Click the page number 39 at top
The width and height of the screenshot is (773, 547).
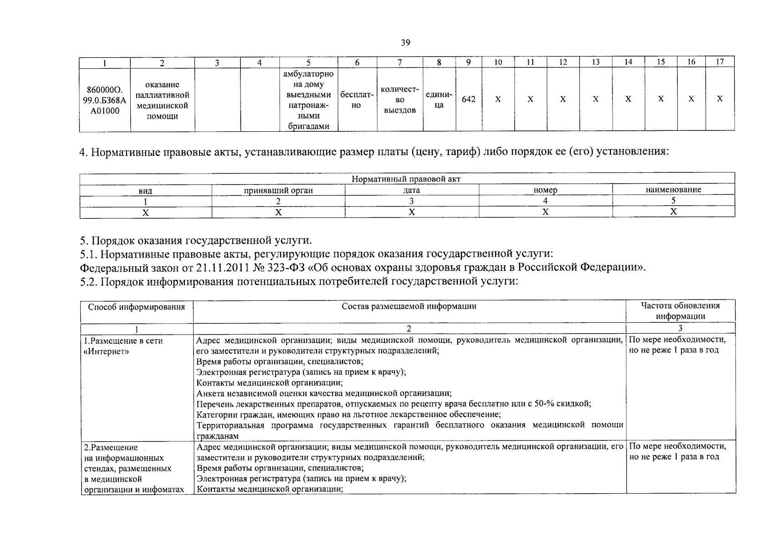pyautogui.click(x=405, y=43)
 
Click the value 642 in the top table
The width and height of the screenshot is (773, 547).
pyautogui.click(x=469, y=99)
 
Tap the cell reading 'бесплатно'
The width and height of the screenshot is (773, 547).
pyautogui.click(x=357, y=100)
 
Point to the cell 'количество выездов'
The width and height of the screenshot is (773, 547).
pyautogui.click(x=399, y=100)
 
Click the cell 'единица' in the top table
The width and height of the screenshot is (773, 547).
pyautogui.click(x=439, y=100)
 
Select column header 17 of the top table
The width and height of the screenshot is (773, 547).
pyautogui.click(x=720, y=62)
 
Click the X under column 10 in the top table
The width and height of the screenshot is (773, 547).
pyautogui.click(x=498, y=99)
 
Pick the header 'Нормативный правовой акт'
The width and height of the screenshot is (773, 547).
pyautogui.click(x=406, y=179)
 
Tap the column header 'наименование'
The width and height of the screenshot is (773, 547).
pyautogui.click(x=673, y=190)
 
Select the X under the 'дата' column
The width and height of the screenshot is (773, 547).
pyautogui.click(x=411, y=212)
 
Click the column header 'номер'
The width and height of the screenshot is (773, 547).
pyautogui.click(x=545, y=190)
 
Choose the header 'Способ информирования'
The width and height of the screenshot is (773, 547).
pyautogui.click(x=136, y=307)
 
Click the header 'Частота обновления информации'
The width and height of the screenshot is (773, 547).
pyautogui.click(x=680, y=311)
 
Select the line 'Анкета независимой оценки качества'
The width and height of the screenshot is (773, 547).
pyautogui.click(x=324, y=393)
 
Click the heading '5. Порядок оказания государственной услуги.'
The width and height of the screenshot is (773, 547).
pyautogui.click(x=196, y=240)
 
